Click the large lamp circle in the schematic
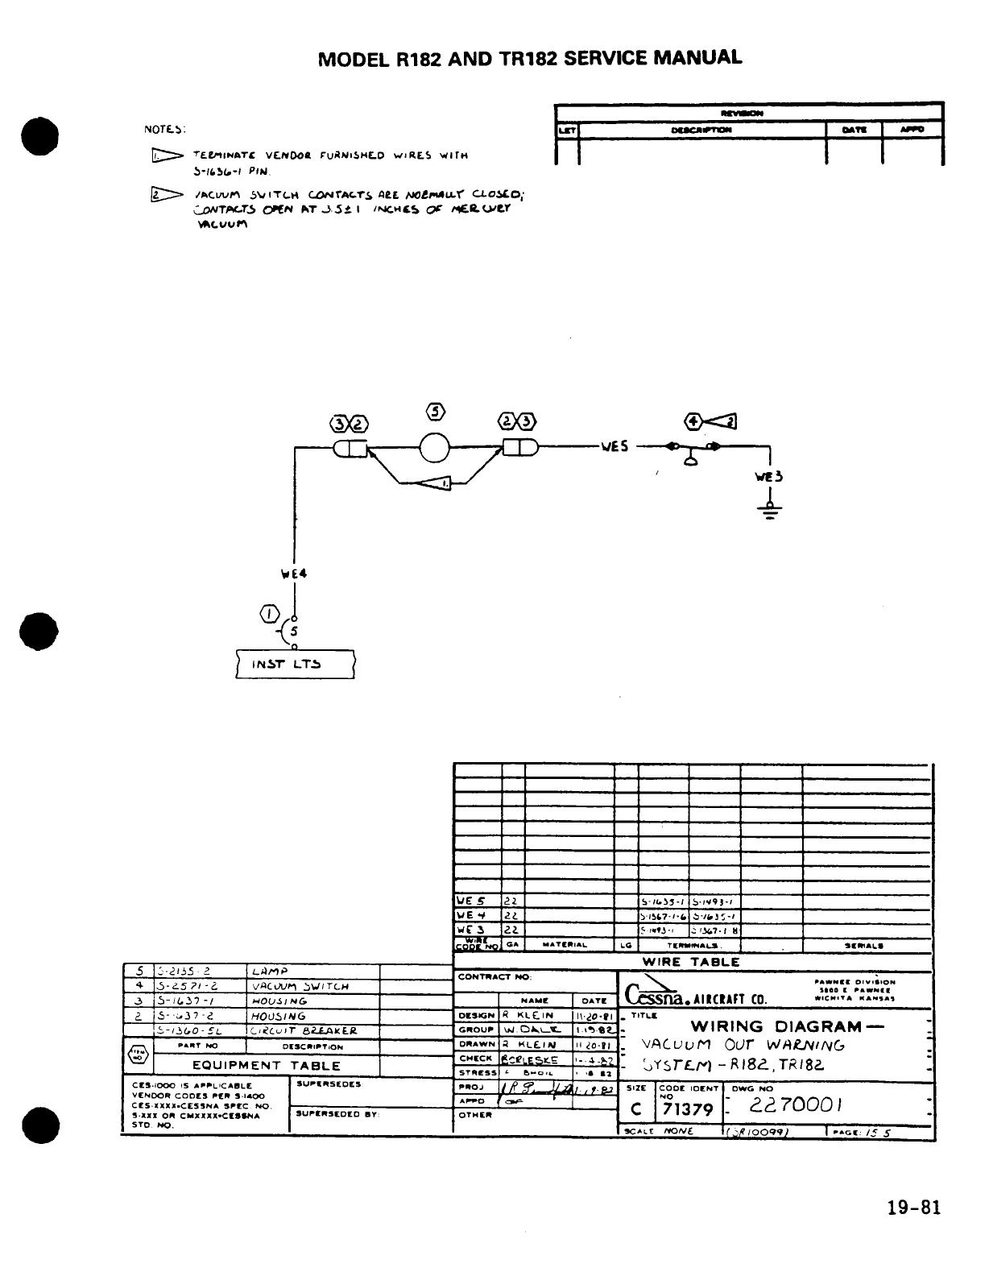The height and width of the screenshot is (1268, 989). pyautogui.click(x=434, y=448)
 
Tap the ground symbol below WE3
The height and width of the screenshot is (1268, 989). pyautogui.click(x=771, y=509)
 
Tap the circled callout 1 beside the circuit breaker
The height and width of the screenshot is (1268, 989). pyautogui.click(x=267, y=616)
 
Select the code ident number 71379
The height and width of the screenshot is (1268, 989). pyautogui.click(x=687, y=1109)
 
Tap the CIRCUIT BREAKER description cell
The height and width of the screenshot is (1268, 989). pyautogui.click(x=302, y=1030)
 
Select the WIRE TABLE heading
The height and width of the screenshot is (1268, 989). pyautogui.click(x=690, y=961)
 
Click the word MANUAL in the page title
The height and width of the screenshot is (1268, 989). pyautogui.click(x=697, y=58)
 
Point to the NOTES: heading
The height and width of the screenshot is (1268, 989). pyautogui.click(x=165, y=129)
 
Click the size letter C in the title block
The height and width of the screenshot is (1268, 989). pyautogui.click(x=636, y=1109)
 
